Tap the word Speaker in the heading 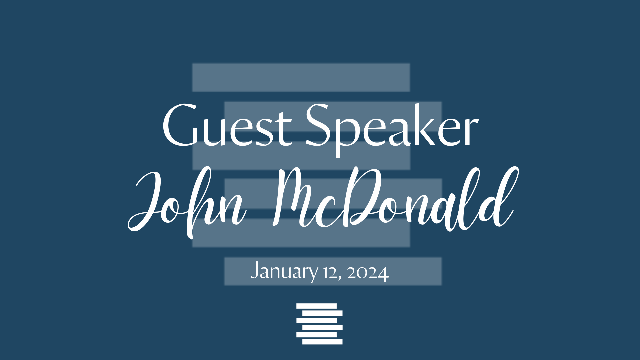(x=392, y=130)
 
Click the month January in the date (x=284, y=271)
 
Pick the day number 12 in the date (x=330, y=273)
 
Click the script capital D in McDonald (x=360, y=197)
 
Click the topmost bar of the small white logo (x=317, y=306)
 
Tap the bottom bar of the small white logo (x=322, y=342)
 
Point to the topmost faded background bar (x=301, y=77)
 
